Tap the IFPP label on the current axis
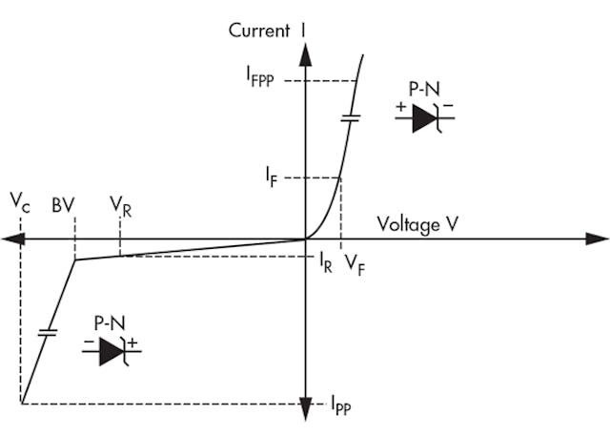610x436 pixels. pyautogui.click(x=258, y=81)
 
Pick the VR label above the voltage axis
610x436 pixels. pyautogui.click(x=121, y=206)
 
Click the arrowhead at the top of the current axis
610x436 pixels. pyautogui.click(x=305, y=54)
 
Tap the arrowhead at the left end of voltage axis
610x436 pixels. pyautogui.click(x=12, y=239)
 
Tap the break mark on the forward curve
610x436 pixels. pyautogui.click(x=350, y=120)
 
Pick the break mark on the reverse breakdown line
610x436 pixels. pyautogui.click(x=45, y=333)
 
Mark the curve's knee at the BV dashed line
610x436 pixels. pyautogui.click(x=75, y=260)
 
